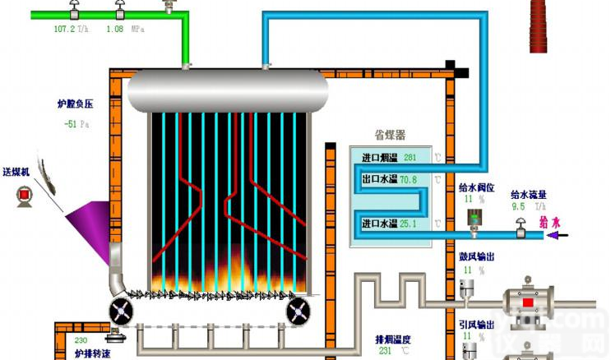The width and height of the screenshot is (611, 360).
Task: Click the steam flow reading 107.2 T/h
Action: [71, 29]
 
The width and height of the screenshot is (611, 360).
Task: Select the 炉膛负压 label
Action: [75, 104]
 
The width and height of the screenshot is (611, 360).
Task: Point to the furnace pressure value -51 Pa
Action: [76, 125]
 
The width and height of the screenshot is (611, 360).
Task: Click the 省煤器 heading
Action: [390, 135]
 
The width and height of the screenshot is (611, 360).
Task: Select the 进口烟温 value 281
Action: [410, 157]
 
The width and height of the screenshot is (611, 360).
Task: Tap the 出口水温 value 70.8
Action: [408, 179]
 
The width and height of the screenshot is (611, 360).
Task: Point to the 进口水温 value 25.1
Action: [408, 224]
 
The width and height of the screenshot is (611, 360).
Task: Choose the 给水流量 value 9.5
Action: [518, 207]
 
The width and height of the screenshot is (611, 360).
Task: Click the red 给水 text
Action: [549, 221]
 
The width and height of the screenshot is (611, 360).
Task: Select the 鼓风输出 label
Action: [476, 257]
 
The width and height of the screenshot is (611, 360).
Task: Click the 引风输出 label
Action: [476, 324]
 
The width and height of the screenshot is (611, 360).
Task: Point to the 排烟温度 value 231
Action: [385, 350]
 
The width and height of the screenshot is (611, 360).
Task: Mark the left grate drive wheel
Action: [123, 310]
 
